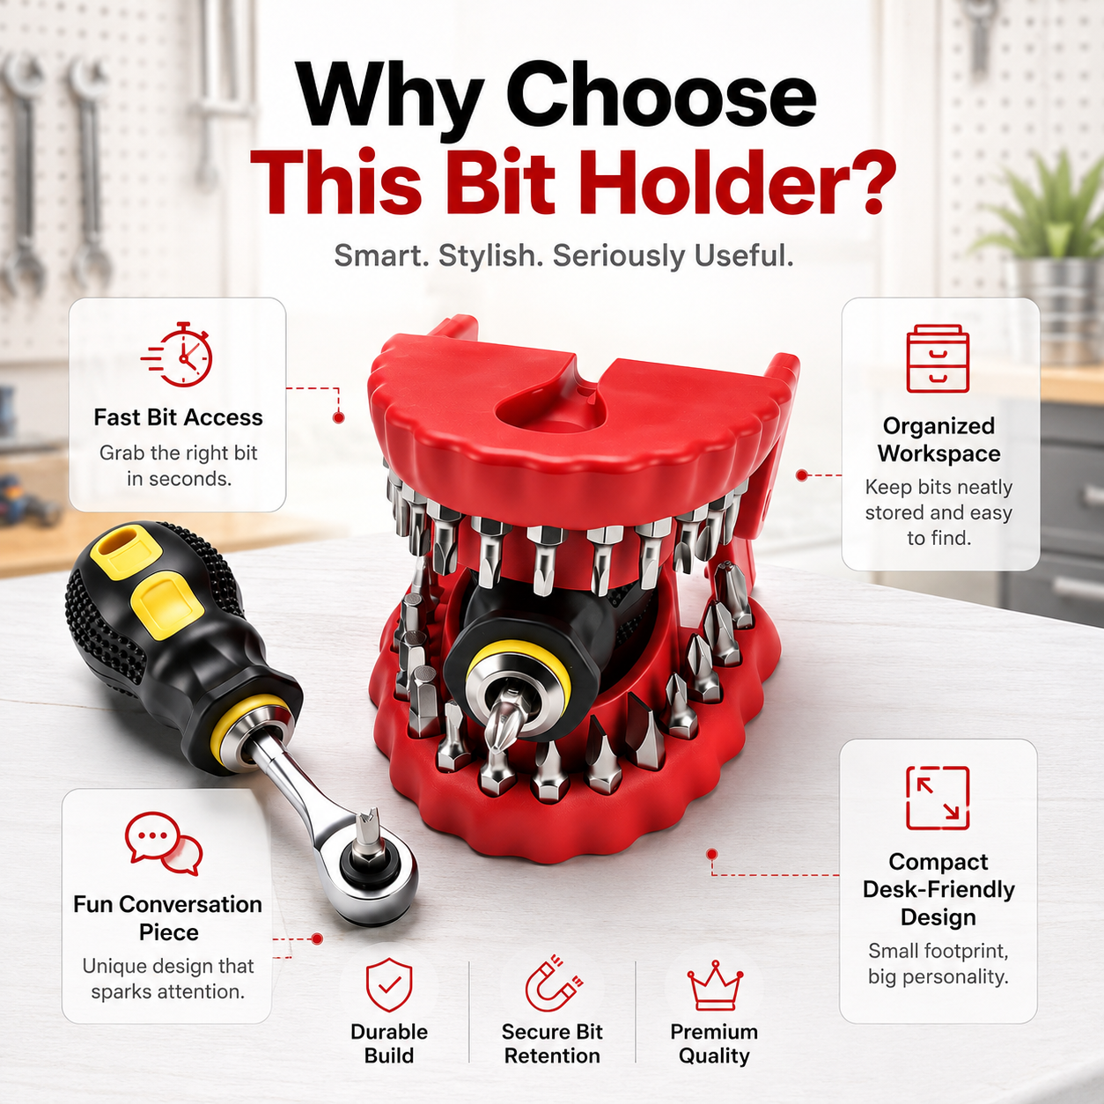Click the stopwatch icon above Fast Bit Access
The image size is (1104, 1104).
177,354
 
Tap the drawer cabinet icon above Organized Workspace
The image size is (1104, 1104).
938,358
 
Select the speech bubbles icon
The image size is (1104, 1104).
164,843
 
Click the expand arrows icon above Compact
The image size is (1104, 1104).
938,798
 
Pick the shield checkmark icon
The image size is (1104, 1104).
389,985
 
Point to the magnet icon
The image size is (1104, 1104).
554,983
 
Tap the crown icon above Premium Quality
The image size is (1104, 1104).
715,985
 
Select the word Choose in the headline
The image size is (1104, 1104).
660,96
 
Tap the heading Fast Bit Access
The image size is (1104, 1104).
178,417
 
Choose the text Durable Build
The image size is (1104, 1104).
389,1043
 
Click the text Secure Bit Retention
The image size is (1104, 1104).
552,1043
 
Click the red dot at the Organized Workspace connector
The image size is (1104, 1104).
802,475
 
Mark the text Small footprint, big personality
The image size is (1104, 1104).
938,964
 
